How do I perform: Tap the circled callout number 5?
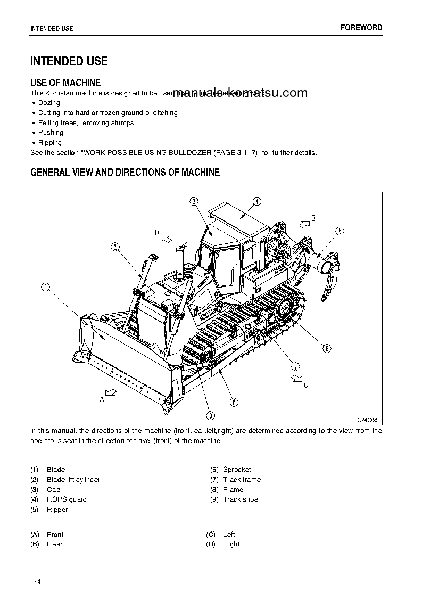tap(340, 231)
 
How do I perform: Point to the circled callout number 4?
tap(256, 201)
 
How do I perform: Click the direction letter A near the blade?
tap(102, 398)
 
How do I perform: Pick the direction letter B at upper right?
tap(313, 218)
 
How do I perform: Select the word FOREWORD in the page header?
tap(361, 28)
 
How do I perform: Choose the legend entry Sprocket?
tap(237, 470)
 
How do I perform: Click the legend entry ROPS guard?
tap(67, 499)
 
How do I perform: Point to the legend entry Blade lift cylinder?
tap(73, 480)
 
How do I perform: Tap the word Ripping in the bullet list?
tap(50, 143)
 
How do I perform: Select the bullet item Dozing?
tap(49, 103)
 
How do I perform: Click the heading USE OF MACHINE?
tap(65, 83)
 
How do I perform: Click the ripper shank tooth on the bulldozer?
tap(325, 290)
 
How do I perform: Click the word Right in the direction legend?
tap(231, 544)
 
